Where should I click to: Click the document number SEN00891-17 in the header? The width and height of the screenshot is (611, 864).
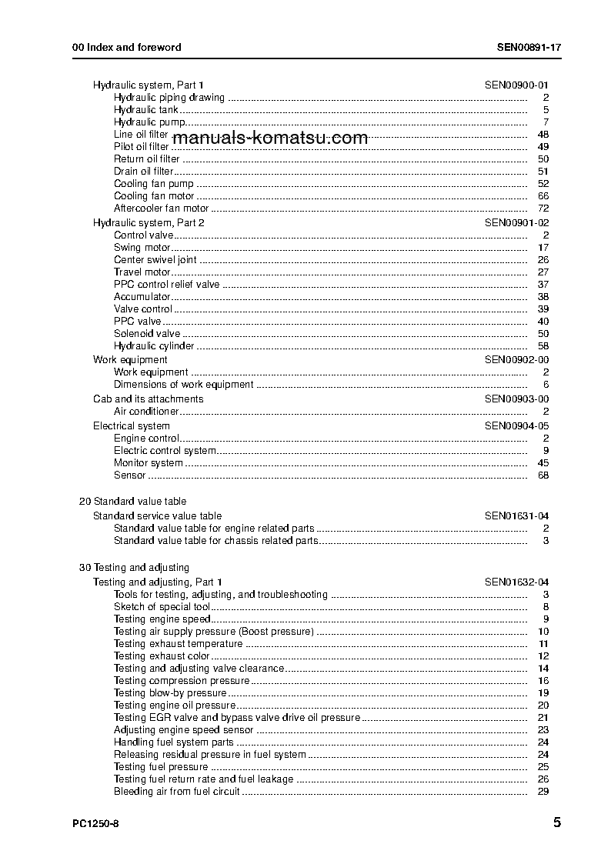point(529,47)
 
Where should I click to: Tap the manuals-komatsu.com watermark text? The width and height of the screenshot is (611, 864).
point(270,138)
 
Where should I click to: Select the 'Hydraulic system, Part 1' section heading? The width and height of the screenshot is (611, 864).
point(149,85)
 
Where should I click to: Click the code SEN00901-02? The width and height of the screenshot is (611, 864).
point(516,222)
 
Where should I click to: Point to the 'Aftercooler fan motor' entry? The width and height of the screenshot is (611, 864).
point(161,208)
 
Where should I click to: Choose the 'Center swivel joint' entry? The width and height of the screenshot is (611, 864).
point(155,260)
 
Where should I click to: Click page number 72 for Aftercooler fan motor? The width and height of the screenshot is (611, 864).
point(543,208)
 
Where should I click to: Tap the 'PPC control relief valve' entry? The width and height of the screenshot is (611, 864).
point(166,285)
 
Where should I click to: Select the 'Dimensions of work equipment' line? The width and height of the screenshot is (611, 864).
point(183,385)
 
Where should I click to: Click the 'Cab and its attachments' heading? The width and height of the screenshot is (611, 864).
point(148,399)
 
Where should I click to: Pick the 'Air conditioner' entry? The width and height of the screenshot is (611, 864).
point(146,412)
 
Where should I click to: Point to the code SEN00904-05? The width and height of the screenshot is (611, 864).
point(516,426)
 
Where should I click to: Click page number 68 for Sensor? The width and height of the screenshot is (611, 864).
point(543,475)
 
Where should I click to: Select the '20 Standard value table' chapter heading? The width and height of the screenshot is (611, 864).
point(132,502)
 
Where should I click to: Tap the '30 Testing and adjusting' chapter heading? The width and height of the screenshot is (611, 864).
point(134,568)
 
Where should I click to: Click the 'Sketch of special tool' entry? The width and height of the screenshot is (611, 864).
point(162,607)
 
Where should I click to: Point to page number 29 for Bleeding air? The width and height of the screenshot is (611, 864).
point(543,792)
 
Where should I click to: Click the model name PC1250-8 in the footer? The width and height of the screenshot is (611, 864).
point(95,824)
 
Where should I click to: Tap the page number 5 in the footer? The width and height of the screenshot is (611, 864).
point(556,822)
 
